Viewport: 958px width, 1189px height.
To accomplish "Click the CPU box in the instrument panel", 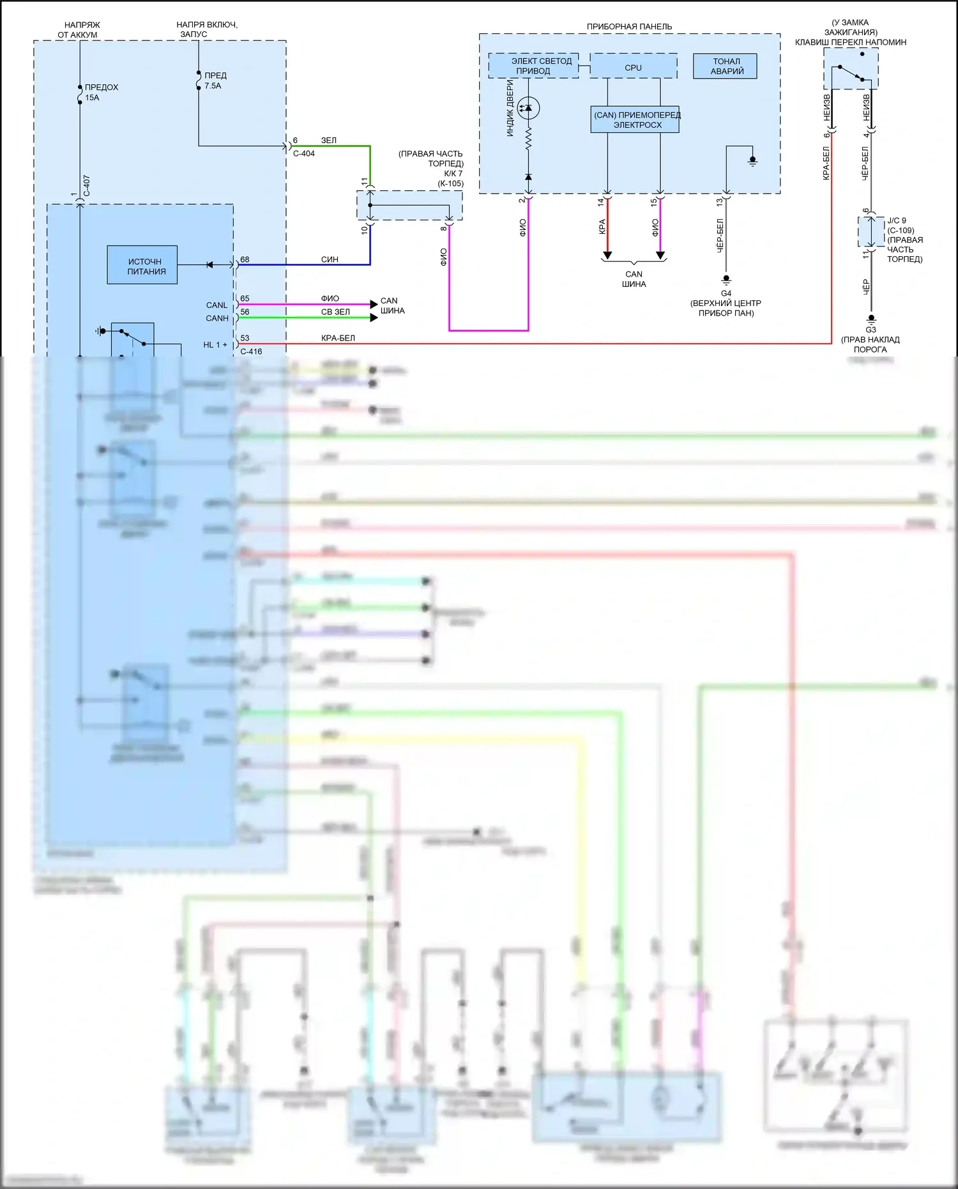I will click(x=633, y=67).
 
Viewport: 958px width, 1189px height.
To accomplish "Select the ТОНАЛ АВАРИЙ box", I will click(x=726, y=66).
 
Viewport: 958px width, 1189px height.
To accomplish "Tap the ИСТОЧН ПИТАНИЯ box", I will click(x=142, y=265).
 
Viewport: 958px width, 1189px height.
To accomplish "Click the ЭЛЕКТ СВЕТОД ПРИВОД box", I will click(x=534, y=66).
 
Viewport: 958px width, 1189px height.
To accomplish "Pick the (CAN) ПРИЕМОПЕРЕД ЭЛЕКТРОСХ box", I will click(x=635, y=120).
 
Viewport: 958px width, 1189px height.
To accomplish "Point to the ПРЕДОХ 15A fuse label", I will click(x=101, y=93).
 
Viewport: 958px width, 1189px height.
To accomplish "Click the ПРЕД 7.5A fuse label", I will click(x=215, y=81).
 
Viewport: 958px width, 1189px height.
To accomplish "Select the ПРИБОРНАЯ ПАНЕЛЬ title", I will click(x=629, y=27).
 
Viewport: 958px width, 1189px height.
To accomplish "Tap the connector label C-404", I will click(x=304, y=153).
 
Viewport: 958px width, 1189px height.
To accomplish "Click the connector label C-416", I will click(x=251, y=351).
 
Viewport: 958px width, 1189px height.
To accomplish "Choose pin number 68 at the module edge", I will click(x=245, y=259).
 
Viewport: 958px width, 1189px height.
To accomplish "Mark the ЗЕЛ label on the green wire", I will click(x=328, y=140).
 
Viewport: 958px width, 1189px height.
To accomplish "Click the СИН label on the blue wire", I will click(x=330, y=259).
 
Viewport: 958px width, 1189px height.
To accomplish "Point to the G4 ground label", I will click(x=726, y=293).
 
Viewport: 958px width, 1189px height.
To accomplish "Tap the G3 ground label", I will click(x=871, y=330).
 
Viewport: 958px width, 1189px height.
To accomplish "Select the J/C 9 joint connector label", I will click(x=897, y=220).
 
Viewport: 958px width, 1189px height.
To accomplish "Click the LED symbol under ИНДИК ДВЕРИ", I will click(x=528, y=108).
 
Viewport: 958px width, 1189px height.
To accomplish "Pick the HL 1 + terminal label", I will click(x=215, y=345).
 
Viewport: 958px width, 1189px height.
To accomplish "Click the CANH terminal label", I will click(x=217, y=318).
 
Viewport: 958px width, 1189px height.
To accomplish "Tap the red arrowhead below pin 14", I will click(x=607, y=256).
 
